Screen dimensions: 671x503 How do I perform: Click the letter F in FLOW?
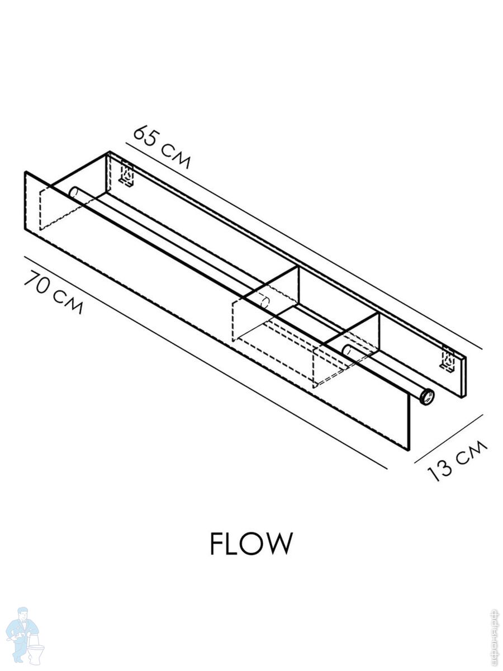[218, 544]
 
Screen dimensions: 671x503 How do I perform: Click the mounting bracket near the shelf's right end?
[447, 359]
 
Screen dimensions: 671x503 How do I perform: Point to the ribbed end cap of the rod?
[428, 398]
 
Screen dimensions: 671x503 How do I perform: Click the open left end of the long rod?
[73, 192]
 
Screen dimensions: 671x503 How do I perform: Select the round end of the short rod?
[347, 351]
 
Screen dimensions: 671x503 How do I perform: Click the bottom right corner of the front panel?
[409, 450]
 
